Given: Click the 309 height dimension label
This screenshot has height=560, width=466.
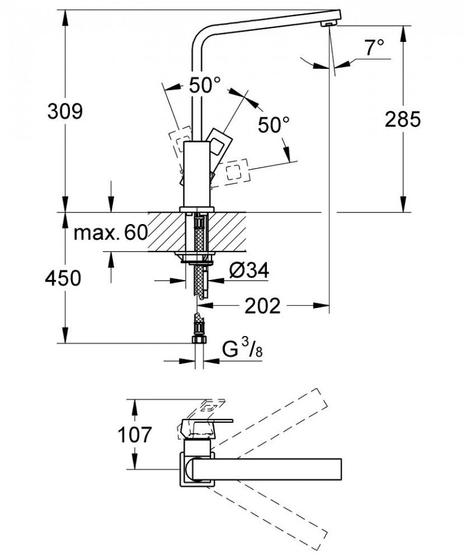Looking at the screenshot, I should click(x=65, y=111).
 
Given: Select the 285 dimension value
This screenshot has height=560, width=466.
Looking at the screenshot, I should click(x=403, y=119).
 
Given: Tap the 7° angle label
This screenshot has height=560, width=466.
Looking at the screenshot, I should click(x=375, y=48).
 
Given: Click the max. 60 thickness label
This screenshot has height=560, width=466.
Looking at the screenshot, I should click(x=111, y=233).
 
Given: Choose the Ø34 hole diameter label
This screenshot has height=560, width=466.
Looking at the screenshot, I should click(x=249, y=271).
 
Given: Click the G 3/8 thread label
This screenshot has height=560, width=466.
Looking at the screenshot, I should click(x=239, y=351).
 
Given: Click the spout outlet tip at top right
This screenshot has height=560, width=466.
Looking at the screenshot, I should click(x=327, y=22).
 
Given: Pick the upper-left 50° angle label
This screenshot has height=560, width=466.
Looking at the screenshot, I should click(x=204, y=86).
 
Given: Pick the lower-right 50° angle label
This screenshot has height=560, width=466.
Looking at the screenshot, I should click(x=274, y=124).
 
